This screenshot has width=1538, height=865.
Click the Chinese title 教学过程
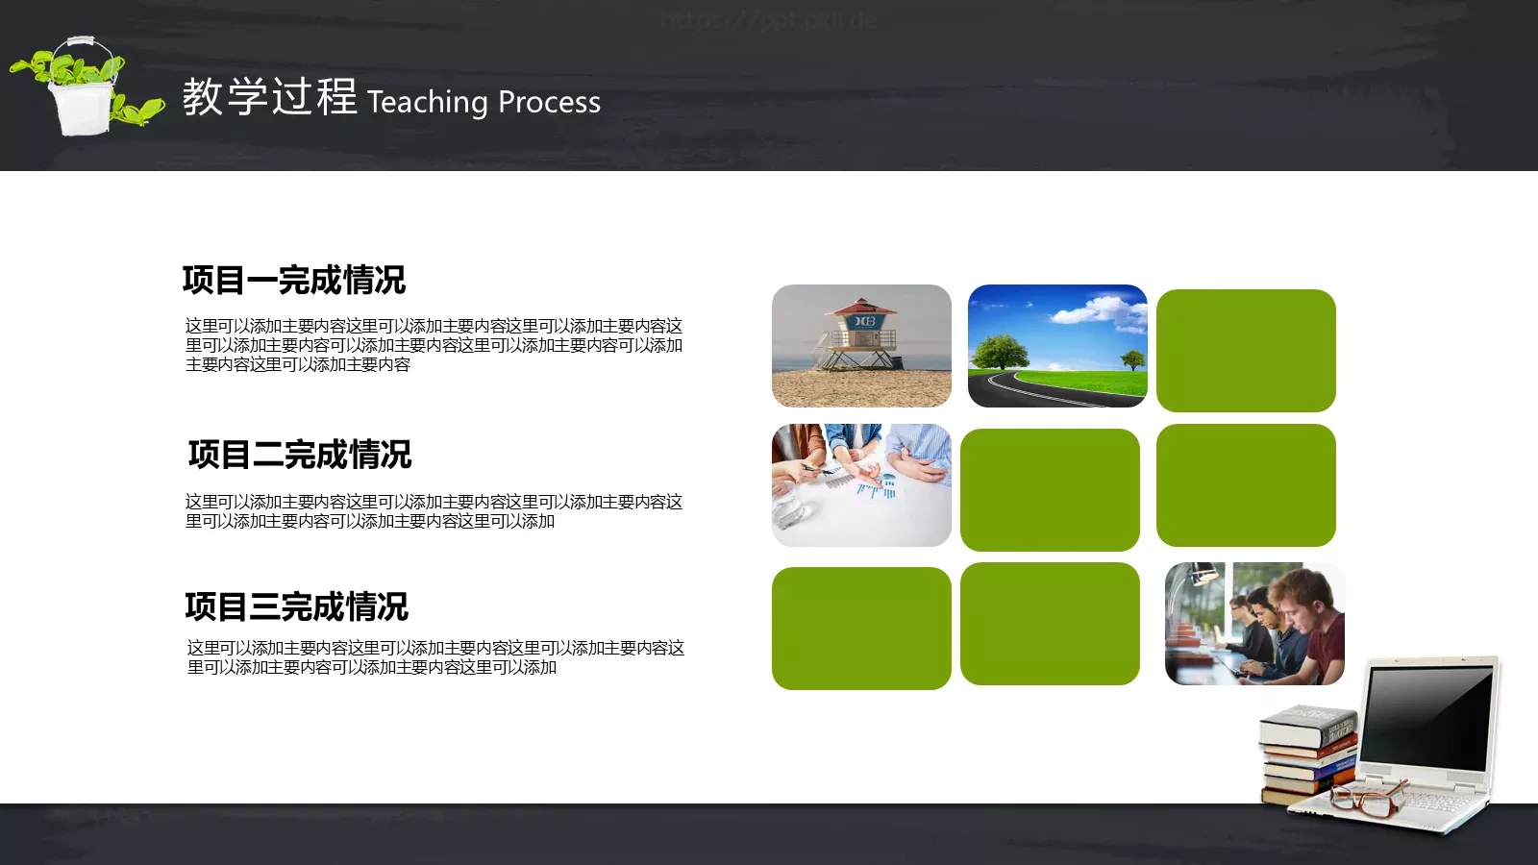(269, 97)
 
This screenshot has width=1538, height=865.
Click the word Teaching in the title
(427, 102)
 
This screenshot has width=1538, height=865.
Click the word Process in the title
(549, 102)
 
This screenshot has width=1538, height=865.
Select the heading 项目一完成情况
(294, 280)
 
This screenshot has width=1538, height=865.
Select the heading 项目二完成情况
(299, 455)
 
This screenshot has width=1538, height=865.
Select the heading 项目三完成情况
(296, 606)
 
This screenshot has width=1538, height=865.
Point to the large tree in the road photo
(1000, 351)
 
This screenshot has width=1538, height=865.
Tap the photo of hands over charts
(861, 485)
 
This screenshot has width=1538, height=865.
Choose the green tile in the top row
(1246, 351)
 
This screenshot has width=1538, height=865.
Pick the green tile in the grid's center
(1050, 489)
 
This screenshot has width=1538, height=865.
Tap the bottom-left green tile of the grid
(861, 628)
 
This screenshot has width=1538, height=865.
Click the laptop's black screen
(1428, 716)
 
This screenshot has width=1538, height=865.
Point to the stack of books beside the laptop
(1307, 754)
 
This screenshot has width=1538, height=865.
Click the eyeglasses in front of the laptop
(1365, 800)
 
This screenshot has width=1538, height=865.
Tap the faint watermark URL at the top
(769, 20)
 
